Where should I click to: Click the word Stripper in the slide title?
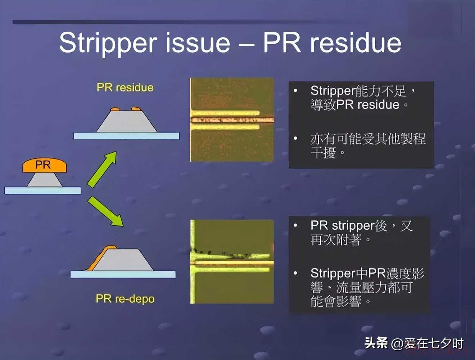108,44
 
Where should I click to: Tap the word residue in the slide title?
356,42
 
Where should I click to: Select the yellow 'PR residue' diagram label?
125,87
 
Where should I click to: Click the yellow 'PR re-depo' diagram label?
125,299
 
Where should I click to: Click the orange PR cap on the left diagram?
45,165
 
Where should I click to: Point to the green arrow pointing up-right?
102,169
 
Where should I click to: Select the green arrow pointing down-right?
105,211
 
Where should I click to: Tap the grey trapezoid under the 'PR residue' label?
127,121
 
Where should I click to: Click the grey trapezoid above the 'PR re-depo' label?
123,260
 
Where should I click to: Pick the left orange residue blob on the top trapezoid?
115,109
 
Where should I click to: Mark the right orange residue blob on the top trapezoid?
136,109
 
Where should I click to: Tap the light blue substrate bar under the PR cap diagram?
42,190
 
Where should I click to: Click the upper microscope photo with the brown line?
232,120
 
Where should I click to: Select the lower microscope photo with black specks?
232,261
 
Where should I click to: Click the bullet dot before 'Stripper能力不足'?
295,90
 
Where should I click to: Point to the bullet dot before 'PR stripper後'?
295,226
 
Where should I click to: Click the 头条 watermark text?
376,343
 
